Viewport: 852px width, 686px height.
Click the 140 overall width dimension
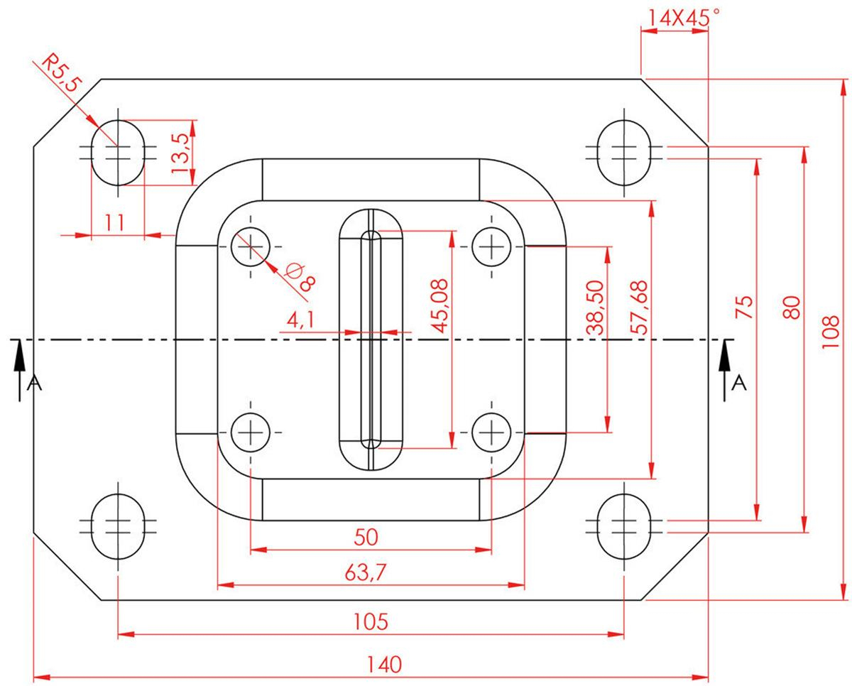[384, 664]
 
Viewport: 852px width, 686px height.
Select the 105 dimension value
[371, 621]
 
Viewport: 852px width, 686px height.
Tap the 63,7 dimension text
[365, 572]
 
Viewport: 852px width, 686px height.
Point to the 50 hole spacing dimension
[366, 538]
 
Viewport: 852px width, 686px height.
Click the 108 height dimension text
[831, 332]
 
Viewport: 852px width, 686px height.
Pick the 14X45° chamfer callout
[683, 18]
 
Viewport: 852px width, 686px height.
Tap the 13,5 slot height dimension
[180, 153]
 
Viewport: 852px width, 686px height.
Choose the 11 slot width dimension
[115, 222]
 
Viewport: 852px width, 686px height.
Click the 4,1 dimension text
[300, 320]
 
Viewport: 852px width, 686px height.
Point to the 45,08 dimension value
[440, 306]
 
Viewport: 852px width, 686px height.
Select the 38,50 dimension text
[596, 307]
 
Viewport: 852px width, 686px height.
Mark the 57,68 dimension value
[638, 307]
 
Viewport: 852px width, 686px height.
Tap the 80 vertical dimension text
[792, 307]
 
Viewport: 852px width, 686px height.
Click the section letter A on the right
[739, 383]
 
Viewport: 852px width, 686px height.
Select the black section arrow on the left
[19, 370]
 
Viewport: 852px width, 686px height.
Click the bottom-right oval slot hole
[624, 526]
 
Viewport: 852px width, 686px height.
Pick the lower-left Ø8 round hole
[250, 432]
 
